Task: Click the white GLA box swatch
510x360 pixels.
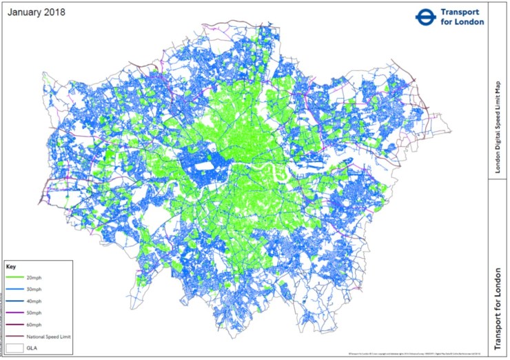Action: point(16,349)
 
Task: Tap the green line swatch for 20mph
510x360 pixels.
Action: point(16,277)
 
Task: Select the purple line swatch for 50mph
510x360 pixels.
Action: point(16,312)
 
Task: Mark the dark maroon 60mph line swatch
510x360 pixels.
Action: point(16,325)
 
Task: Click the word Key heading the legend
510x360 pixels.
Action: point(10,266)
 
